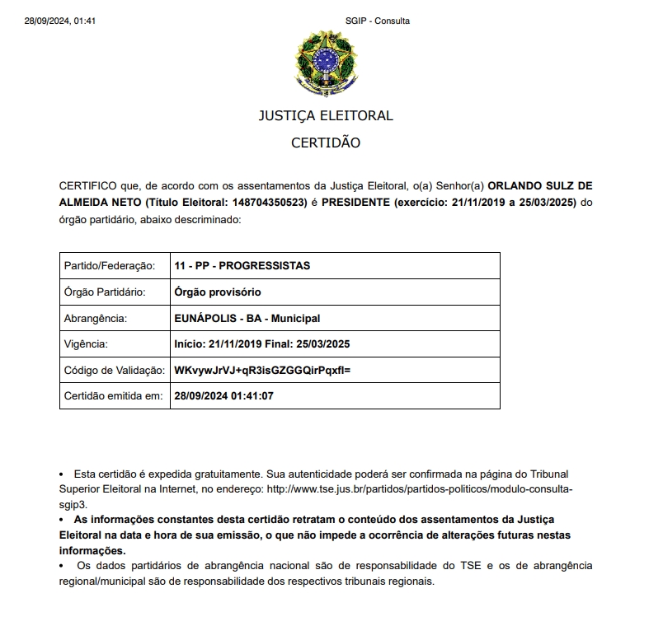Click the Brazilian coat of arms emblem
(x=325, y=62)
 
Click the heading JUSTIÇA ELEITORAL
(x=326, y=115)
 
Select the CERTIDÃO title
(x=326, y=142)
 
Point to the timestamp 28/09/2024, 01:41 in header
(x=60, y=21)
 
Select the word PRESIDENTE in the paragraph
(x=356, y=203)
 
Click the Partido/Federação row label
(x=109, y=265)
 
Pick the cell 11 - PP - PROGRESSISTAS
(x=242, y=265)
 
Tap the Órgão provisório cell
(x=218, y=292)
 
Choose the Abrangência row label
(x=95, y=318)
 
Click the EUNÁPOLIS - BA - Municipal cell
(x=247, y=318)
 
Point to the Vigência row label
(x=86, y=343)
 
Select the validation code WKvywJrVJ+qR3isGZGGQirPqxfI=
(x=262, y=370)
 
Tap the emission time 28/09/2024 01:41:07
(x=223, y=395)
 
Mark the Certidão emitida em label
(x=114, y=395)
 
